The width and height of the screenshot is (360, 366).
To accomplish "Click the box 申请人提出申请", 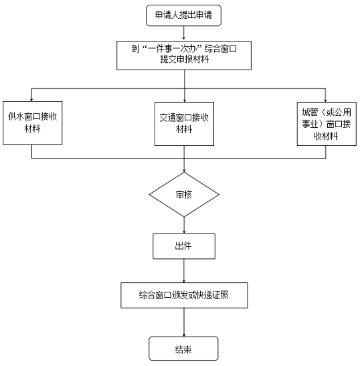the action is [183, 15].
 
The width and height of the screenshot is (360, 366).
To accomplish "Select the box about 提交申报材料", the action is [184, 56].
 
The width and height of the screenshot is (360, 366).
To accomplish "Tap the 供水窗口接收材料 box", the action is [32, 122].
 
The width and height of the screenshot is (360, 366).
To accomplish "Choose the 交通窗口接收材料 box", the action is [184, 124].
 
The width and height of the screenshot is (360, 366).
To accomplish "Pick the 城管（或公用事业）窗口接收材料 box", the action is [327, 124].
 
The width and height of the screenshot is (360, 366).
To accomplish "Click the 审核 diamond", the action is [184, 195].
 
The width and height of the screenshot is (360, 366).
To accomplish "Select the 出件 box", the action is [184, 246].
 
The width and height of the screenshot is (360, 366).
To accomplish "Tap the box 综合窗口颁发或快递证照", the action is [184, 295].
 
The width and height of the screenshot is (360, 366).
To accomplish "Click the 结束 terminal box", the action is [183, 348].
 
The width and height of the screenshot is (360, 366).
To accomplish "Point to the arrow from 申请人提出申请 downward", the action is [184, 33].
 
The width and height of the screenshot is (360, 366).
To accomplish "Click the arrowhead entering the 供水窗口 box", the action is [31, 100].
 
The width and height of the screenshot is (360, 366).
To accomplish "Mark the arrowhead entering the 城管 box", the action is [325, 100].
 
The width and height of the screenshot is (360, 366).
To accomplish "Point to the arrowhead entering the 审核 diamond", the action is [184, 171].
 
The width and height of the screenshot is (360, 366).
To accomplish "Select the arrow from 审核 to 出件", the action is [184, 225].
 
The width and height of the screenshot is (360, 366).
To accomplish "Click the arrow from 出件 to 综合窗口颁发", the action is [184, 271].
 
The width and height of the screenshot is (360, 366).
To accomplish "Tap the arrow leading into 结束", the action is [184, 322].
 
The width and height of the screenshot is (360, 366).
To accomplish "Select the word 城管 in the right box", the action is [310, 112].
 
